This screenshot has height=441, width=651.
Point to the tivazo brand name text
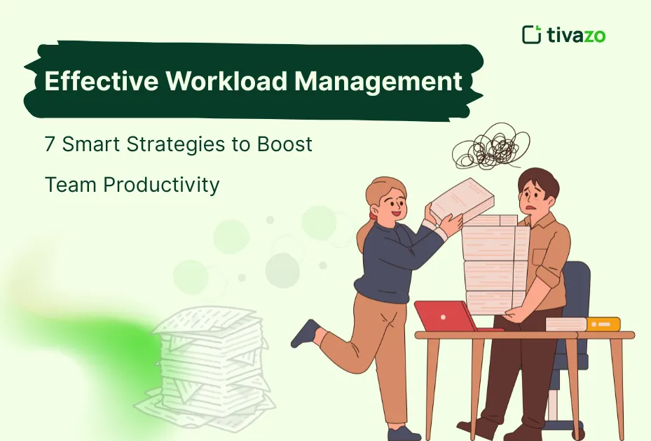(577, 34)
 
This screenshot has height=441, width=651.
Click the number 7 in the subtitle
(50, 145)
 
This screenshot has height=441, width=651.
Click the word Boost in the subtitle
(284, 145)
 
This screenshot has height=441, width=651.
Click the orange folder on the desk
(603, 323)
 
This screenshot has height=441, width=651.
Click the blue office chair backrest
(576, 288)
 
